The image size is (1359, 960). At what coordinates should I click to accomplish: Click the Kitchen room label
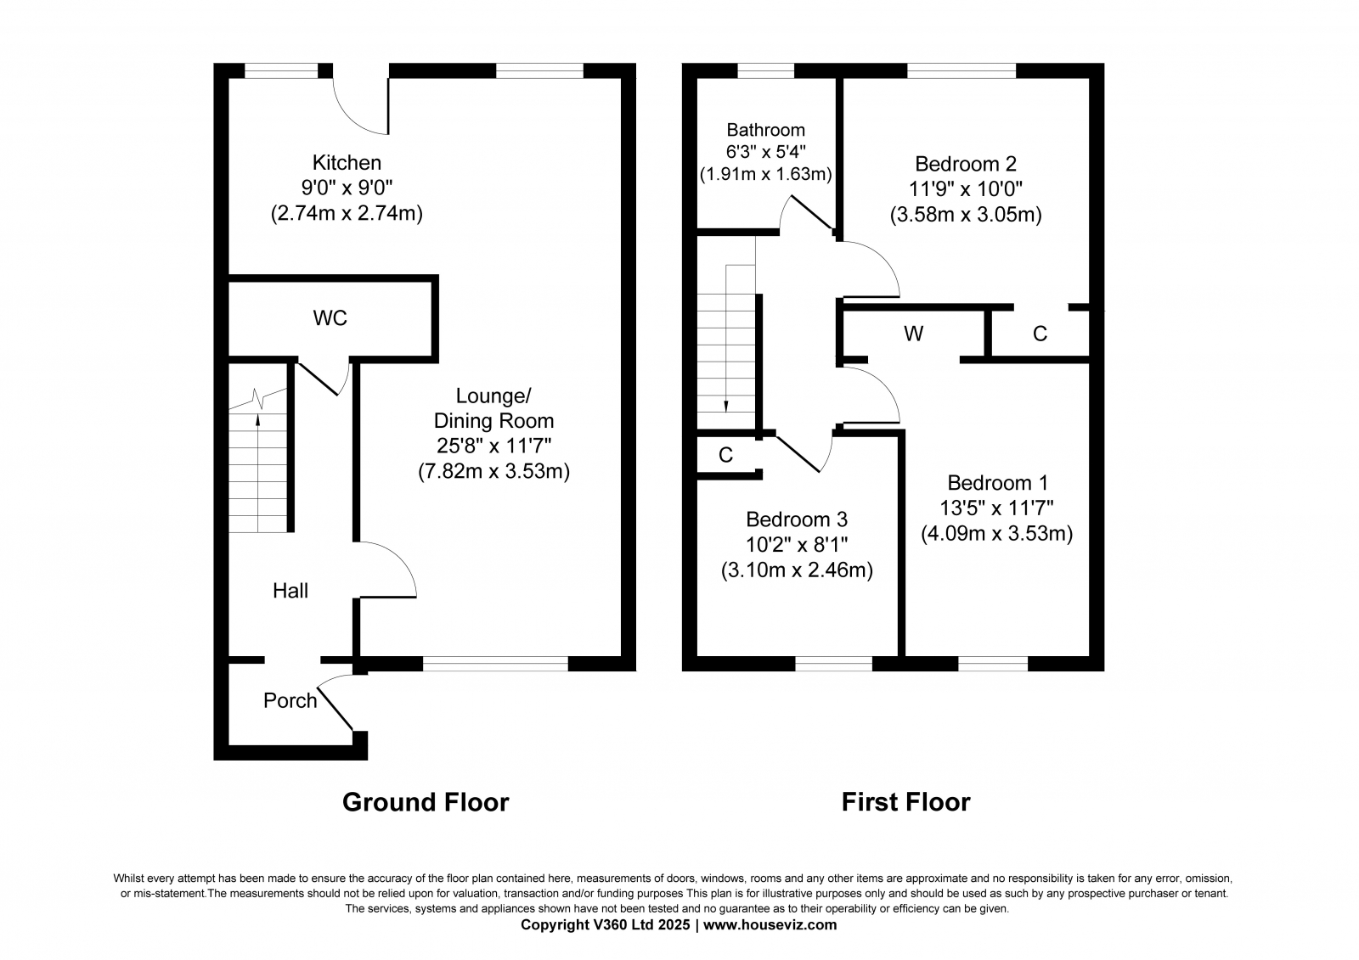347,162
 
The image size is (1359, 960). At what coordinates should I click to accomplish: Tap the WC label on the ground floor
330,317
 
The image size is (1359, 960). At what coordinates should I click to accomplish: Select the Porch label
290,700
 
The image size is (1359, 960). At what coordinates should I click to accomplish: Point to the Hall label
290,591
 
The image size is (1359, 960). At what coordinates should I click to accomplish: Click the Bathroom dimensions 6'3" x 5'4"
765,152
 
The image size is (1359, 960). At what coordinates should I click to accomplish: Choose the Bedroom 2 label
965,164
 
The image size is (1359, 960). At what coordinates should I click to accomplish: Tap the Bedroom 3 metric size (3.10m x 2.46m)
797,570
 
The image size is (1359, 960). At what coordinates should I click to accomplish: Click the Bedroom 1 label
997,483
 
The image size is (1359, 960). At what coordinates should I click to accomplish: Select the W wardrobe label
914,333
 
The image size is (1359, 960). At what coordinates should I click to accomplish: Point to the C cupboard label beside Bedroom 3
725,455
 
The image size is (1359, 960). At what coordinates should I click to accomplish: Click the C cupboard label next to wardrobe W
1040,334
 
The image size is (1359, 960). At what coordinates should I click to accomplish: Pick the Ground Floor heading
426,802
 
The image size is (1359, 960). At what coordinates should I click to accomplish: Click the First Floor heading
905,802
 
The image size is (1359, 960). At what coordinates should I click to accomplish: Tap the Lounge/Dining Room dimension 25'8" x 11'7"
493,446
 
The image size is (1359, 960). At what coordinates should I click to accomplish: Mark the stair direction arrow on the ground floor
258,473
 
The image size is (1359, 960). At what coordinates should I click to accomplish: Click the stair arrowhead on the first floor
726,407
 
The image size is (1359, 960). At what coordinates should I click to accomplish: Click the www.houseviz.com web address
770,925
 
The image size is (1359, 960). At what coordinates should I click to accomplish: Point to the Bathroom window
765,71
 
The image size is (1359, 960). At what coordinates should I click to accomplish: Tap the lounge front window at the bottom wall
495,664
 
